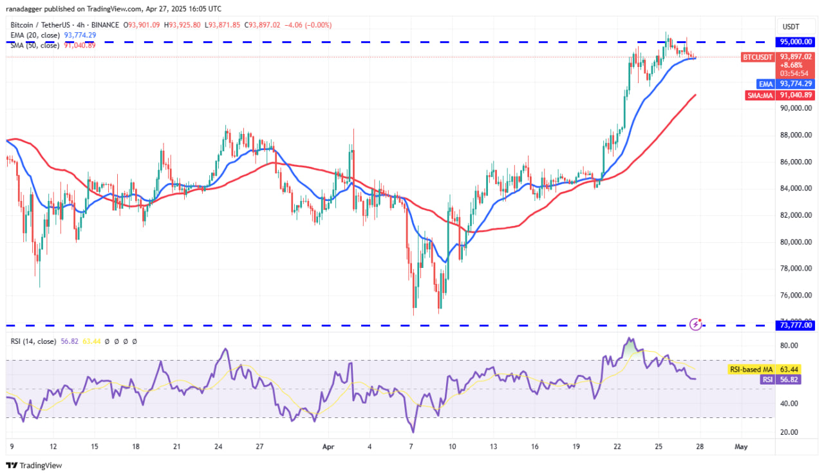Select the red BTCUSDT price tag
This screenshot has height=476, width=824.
point(758,57)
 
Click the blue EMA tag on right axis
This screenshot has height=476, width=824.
point(766,84)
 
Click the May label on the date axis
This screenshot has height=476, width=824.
point(741,446)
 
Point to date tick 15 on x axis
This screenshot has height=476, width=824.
point(94,446)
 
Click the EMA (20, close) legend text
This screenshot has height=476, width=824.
point(36,35)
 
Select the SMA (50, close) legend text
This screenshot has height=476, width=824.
point(36,44)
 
